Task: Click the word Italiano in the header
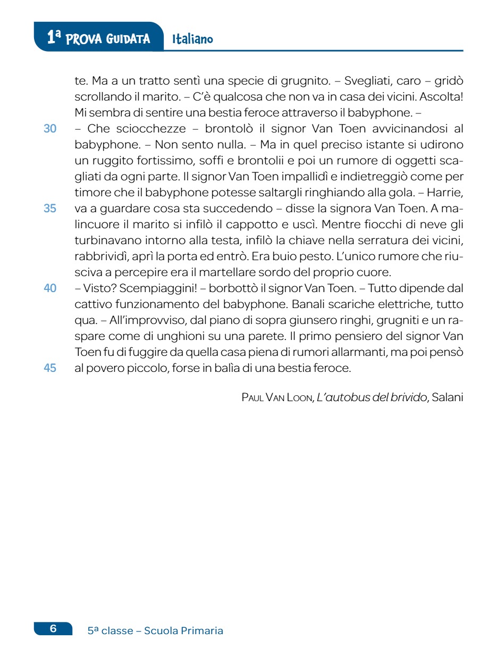coord(192,39)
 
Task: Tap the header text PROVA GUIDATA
coord(108,39)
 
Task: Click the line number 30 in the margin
coord(50,129)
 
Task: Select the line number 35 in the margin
coord(50,209)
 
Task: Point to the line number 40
coord(50,288)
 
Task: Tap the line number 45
coord(50,368)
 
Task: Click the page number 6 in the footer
coord(53,629)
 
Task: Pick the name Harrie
coord(450,193)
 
